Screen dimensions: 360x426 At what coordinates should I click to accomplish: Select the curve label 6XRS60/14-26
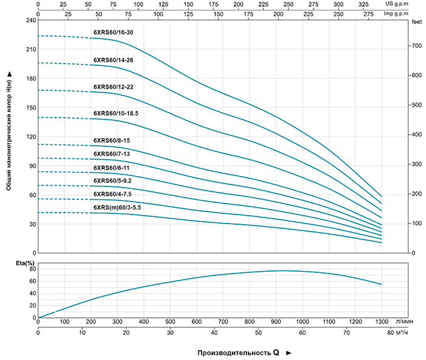coord(113,60)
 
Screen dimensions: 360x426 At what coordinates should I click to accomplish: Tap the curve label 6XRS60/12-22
coord(113,86)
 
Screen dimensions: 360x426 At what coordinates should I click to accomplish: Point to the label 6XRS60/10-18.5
coord(116,113)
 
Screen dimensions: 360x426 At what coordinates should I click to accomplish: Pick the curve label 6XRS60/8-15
coord(111,140)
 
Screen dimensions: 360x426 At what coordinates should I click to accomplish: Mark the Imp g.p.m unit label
coord(412,12)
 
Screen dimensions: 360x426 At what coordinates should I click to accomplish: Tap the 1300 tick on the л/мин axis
coord(382,322)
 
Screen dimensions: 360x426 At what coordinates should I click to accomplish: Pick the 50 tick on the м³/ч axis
coord(258,333)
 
